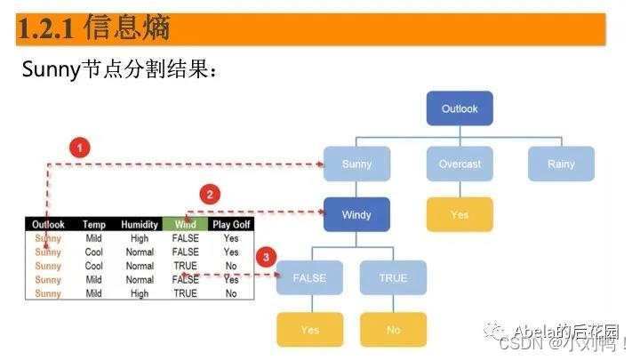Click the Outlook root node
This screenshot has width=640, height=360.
(460, 109)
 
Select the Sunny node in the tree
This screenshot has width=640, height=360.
(356, 164)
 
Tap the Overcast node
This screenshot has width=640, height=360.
(460, 164)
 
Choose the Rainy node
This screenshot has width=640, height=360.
(561, 164)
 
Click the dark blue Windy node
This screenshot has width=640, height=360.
(356, 215)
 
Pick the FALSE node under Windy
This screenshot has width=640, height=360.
(309, 278)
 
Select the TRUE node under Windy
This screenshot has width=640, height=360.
(393, 278)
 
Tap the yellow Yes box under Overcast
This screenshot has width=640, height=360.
(460, 215)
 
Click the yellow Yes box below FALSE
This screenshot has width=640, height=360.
(309, 330)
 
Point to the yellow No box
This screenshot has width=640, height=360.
(393, 330)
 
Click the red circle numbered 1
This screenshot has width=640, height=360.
(81, 148)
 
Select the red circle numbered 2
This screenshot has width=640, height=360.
(210, 195)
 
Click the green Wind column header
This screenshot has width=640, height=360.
(186, 225)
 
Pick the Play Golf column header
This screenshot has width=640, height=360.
(230, 225)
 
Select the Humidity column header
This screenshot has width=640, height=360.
(140, 225)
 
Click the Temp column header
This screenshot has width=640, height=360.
(94, 225)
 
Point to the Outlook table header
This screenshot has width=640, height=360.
(48, 225)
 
